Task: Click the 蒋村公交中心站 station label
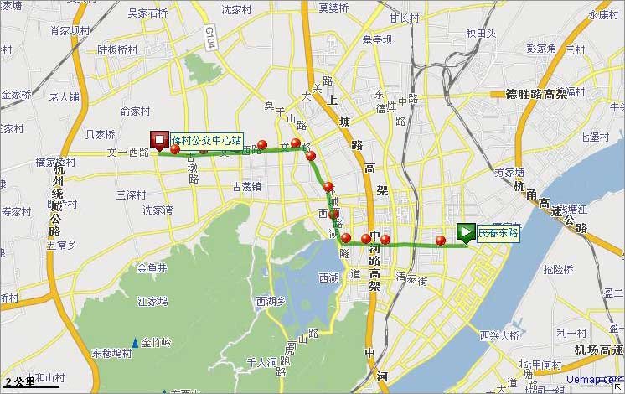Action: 206,140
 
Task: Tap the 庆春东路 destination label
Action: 498,232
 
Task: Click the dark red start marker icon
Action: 158,142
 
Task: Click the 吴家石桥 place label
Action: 147,13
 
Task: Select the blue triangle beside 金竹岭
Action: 134,342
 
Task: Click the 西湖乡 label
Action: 271,300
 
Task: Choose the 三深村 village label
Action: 132,194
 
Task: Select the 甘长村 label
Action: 404,18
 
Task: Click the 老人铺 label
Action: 65,96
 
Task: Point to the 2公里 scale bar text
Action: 18,380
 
